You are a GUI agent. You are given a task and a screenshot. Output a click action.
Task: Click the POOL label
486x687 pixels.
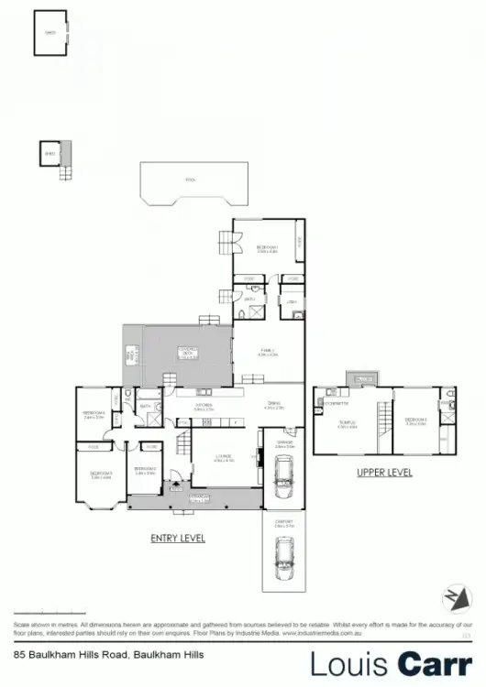191,180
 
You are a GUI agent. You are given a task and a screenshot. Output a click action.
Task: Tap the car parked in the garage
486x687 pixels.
283,475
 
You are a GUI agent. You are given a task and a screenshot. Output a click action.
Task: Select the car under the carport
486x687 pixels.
283,552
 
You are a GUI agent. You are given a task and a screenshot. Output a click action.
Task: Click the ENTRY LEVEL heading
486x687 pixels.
177,538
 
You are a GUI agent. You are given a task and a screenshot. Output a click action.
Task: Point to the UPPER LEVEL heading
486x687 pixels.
384,473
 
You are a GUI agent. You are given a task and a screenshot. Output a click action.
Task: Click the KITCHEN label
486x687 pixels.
204,406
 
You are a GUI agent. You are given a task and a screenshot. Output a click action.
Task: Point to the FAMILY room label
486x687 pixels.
267,351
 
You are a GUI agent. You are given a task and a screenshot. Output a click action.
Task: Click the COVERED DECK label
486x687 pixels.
187,351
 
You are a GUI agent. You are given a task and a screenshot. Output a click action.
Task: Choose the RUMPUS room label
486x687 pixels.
346,423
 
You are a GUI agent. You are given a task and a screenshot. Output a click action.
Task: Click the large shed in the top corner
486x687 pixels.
50,31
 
